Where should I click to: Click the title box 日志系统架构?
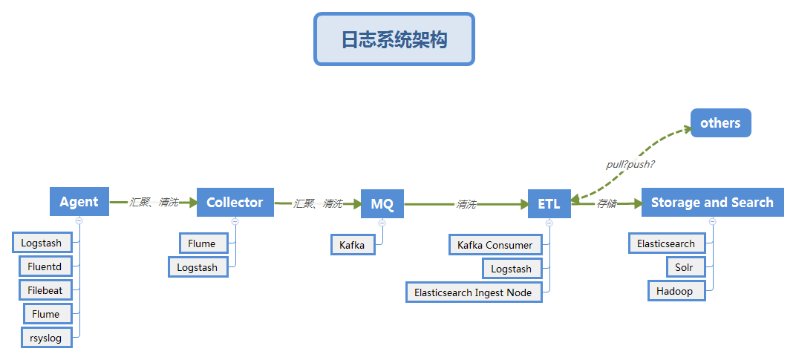tap(394, 39)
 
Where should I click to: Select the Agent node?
tap(79, 202)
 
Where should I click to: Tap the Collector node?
tap(235, 202)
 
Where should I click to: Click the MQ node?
tap(382, 204)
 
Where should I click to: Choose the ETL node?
tap(549, 204)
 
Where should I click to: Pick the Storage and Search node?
tap(712, 202)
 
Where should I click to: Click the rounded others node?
tap(720, 123)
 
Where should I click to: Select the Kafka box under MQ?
tap(352, 245)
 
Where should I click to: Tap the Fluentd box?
tap(45, 266)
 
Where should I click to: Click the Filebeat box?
tap(45, 289)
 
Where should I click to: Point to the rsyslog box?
tap(46, 338)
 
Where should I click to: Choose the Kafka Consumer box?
tap(495, 245)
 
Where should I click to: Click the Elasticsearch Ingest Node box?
tap(473, 292)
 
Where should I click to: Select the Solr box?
tap(685, 267)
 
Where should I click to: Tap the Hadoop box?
tap(675, 291)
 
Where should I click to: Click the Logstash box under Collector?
tap(198, 267)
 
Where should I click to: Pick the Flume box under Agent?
tap(46, 314)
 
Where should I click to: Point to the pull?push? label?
tap(630, 164)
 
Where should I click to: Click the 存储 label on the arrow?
tap(607, 203)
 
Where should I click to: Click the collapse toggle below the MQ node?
tap(382, 222)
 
